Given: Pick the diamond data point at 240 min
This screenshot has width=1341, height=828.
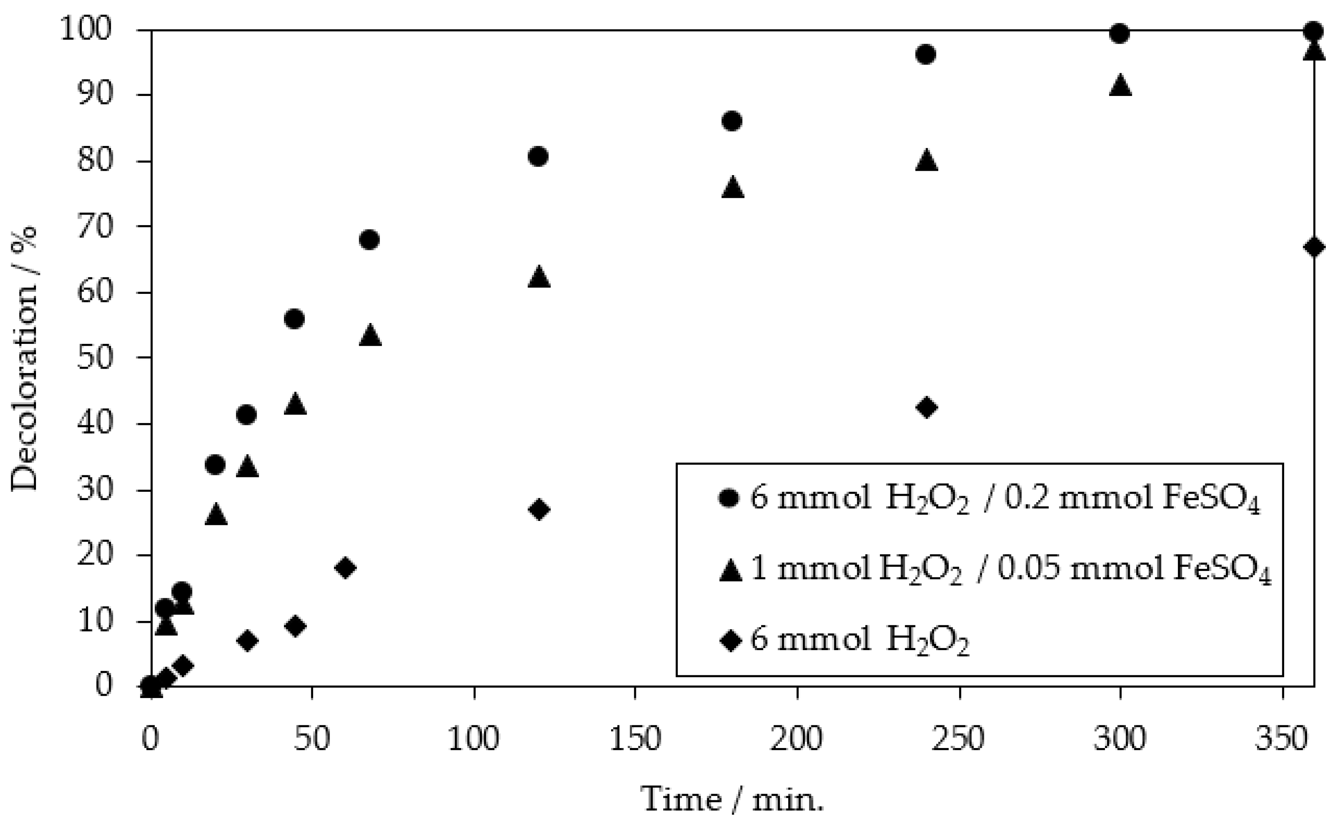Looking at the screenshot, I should click(x=926, y=407).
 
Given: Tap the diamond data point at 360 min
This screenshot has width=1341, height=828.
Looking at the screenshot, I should click(x=1314, y=247).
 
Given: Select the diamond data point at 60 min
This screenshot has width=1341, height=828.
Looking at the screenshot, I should click(x=345, y=568).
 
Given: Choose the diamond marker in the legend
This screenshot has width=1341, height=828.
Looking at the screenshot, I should click(x=729, y=640).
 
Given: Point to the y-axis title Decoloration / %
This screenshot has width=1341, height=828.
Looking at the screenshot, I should click(x=25, y=359).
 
